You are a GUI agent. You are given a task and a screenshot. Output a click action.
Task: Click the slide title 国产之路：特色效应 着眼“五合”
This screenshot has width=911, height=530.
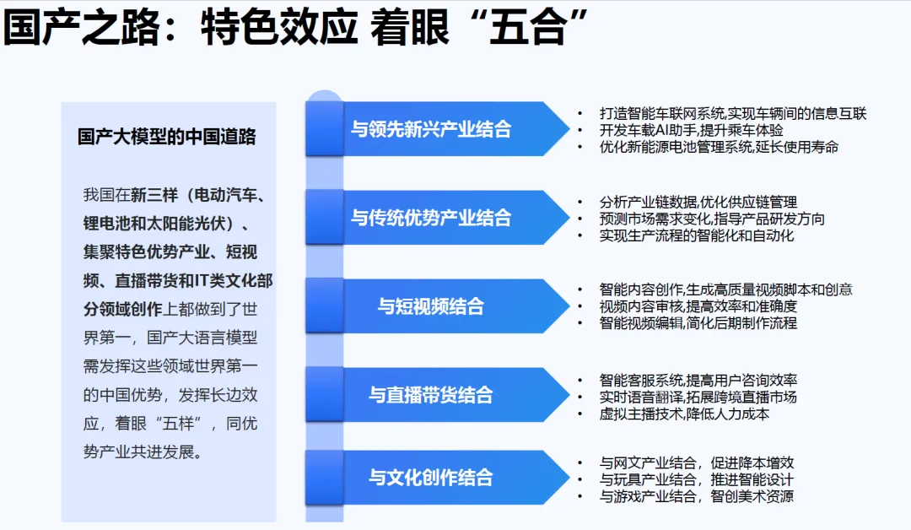point(294,27)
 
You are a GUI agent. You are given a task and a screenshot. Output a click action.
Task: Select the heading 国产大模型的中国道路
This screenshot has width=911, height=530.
point(167,137)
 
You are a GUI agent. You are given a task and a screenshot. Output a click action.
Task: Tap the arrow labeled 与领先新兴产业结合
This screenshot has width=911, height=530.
point(438,129)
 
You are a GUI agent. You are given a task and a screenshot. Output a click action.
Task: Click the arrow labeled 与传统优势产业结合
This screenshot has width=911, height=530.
point(438,218)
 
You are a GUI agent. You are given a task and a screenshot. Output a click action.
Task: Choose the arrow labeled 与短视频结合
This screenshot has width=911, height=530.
point(438,306)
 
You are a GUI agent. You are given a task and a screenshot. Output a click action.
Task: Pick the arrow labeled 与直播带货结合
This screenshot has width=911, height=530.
point(438,395)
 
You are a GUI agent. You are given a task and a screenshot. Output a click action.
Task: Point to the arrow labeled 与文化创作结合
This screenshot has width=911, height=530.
point(438,478)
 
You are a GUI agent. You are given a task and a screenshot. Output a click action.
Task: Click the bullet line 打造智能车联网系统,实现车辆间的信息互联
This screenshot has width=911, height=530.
point(733,113)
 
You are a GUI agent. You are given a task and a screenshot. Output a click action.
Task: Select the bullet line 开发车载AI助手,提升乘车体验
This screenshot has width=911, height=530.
point(692,130)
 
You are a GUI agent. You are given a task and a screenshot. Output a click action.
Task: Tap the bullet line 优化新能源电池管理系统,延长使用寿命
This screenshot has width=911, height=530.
point(719,147)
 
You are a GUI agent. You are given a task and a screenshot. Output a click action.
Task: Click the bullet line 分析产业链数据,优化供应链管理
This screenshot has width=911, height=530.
point(698,203)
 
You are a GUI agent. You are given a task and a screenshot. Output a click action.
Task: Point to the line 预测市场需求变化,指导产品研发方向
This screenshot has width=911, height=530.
point(712,219)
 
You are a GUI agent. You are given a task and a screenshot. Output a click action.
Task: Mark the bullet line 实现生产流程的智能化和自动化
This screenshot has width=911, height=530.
point(697,236)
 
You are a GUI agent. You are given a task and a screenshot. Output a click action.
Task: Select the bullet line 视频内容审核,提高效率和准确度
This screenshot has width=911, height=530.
point(698,306)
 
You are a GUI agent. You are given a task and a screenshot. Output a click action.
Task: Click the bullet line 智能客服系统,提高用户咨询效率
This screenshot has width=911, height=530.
point(698,381)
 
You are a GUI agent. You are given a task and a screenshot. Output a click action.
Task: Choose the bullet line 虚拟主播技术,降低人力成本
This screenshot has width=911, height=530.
point(684,414)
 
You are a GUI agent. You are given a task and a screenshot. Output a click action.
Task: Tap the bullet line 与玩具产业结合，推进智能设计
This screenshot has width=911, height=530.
point(696,480)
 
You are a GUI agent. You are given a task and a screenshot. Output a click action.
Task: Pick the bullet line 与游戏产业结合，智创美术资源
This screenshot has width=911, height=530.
point(696,497)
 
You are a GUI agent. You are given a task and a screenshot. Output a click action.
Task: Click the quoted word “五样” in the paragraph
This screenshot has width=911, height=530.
point(178,424)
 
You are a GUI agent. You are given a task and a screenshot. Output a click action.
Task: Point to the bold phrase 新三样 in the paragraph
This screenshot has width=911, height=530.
point(154,195)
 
